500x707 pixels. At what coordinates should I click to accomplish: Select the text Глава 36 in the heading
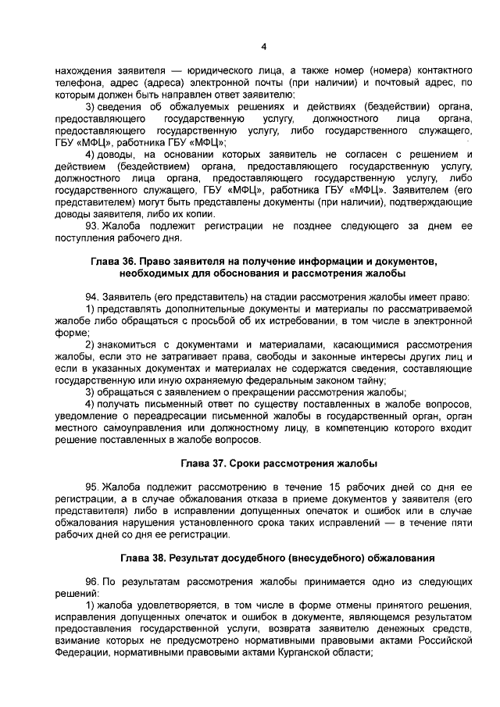(x=112, y=261)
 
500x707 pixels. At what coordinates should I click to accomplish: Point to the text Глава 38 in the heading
(x=145, y=559)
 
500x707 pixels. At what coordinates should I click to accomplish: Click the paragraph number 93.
(x=91, y=226)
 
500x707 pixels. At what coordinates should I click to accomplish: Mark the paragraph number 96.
(x=91, y=583)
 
